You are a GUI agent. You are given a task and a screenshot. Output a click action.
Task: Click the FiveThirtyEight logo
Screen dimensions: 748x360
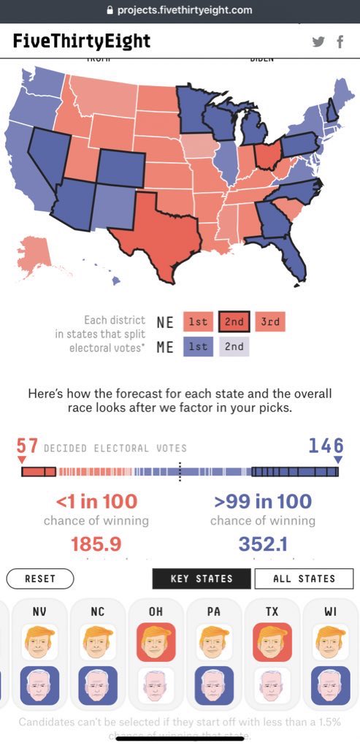click(81, 41)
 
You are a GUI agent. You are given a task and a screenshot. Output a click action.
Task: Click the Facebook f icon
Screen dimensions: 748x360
click(340, 42)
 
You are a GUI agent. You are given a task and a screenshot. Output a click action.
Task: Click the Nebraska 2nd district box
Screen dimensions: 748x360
click(234, 321)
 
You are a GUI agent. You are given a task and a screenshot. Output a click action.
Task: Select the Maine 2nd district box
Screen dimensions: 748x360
click(234, 346)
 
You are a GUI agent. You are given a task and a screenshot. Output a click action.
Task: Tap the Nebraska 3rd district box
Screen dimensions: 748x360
click(270, 321)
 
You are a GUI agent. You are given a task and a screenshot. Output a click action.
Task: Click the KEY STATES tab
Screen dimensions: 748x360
click(201, 579)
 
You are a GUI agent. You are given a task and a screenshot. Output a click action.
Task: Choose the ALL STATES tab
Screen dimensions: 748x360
click(304, 579)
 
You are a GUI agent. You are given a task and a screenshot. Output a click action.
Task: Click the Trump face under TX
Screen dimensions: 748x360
click(272, 642)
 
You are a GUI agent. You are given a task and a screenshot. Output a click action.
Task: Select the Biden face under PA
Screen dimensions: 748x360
click(214, 685)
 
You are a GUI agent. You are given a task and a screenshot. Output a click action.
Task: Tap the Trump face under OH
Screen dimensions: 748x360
click(156, 642)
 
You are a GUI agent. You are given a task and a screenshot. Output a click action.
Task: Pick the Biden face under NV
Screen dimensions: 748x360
click(40, 685)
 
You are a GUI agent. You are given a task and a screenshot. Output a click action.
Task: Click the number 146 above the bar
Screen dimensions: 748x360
click(325, 445)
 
